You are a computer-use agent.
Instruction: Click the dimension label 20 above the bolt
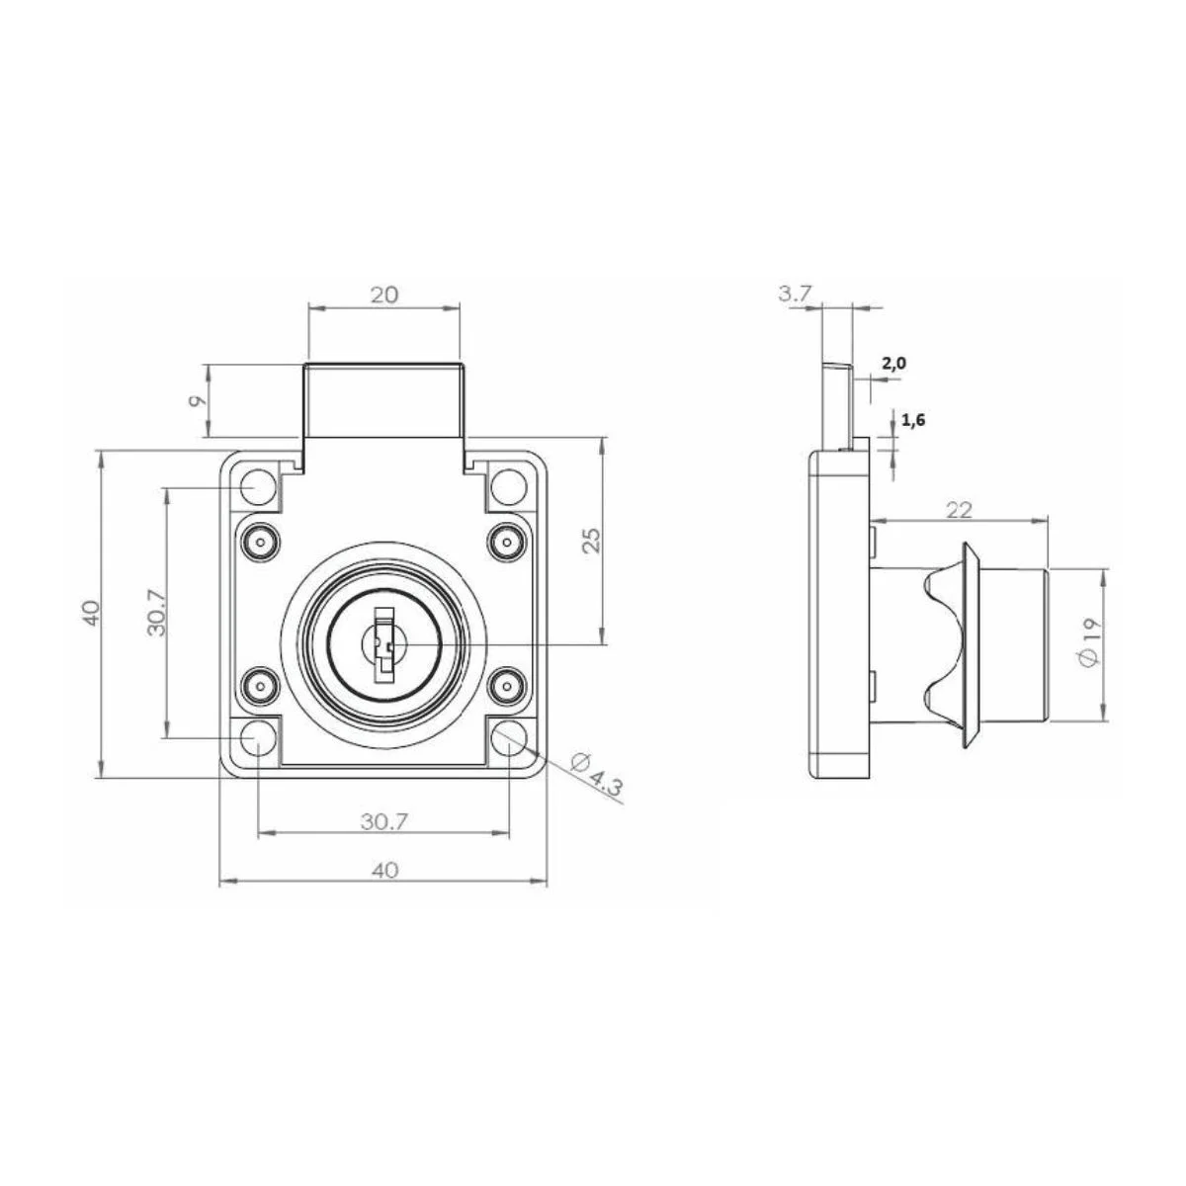tap(383, 295)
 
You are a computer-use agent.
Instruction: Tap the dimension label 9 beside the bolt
tap(196, 401)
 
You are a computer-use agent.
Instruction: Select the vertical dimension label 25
tap(590, 540)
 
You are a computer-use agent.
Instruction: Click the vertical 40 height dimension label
tap(90, 614)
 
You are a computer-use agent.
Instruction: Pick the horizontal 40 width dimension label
tap(383, 870)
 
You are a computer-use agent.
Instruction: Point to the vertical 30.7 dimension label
tap(155, 614)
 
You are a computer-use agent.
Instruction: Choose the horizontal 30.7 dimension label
tap(383, 819)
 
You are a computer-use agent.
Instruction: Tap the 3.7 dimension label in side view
tap(796, 294)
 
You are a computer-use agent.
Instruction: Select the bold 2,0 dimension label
tap(893, 364)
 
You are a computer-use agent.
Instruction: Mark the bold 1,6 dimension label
tap(913, 419)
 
